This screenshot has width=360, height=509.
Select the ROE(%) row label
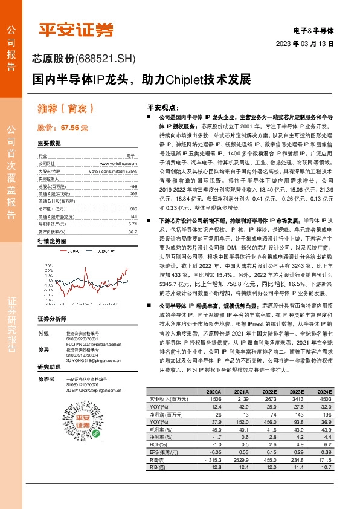[x=158, y=444]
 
